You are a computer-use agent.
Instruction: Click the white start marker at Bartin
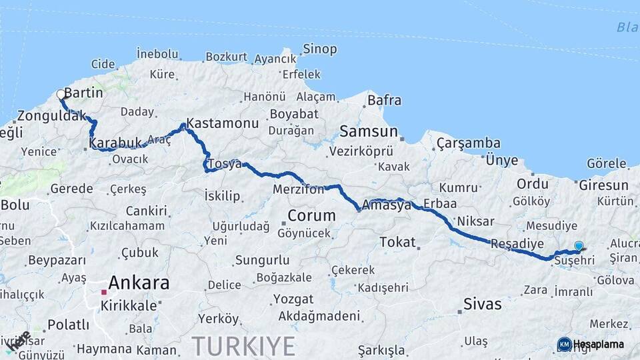pyautogui.click(x=61, y=95)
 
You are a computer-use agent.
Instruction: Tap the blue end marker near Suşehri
pyautogui.click(x=579, y=246)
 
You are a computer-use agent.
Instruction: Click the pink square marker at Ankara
pyautogui.click(x=103, y=292)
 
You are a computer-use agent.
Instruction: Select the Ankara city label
pyautogui.click(x=139, y=283)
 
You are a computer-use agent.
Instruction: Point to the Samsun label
pyautogui.click(x=369, y=131)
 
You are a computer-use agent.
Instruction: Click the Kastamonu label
pyautogui.click(x=223, y=123)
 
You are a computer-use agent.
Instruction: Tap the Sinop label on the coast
pyautogui.click(x=320, y=49)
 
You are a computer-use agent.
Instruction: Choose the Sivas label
pyautogui.click(x=482, y=305)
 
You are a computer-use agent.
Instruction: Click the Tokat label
pyautogui.click(x=397, y=242)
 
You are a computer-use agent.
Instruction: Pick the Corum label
pyautogui.click(x=311, y=216)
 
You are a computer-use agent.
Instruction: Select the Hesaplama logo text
pyautogui.click(x=598, y=344)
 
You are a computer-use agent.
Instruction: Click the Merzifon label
pyautogui.click(x=299, y=190)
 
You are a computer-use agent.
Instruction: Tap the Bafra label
pyautogui.click(x=385, y=101)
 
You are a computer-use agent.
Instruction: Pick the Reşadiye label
pyautogui.click(x=517, y=244)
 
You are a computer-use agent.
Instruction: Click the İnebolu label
pyautogui.click(x=158, y=54)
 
